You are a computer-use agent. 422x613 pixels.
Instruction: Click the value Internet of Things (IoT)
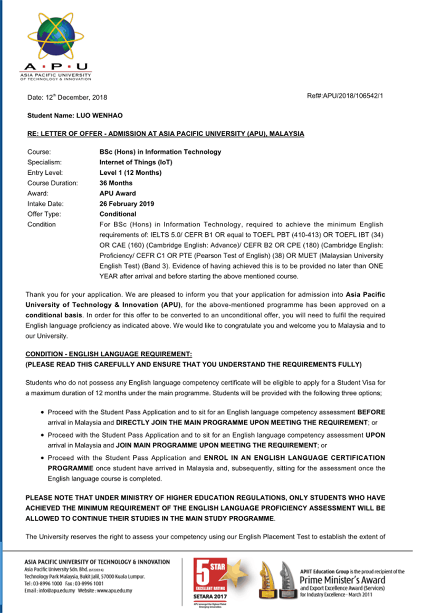(x=136, y=162)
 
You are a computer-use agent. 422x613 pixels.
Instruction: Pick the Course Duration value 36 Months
(x=116, y=183)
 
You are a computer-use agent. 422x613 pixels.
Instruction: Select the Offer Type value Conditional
(x=118, y=214)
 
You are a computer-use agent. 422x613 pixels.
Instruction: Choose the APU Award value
(x=118, y=194)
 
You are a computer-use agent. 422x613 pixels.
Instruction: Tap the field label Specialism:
(x=44, y=162)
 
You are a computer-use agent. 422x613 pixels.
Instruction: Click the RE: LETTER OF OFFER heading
(x=166, y=134)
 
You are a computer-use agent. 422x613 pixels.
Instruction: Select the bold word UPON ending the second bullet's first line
(x=375, y=435)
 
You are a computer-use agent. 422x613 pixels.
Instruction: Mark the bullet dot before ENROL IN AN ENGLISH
(x=42, y=458)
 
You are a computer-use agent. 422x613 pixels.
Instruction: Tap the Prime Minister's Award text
(x=342, y=580)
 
